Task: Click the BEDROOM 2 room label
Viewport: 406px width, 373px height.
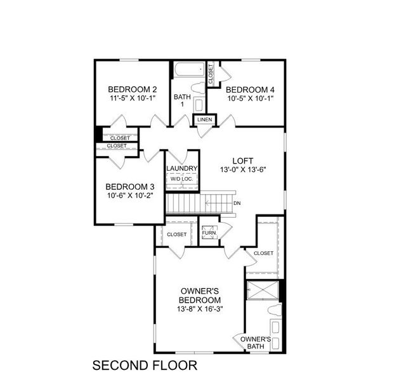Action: tap(132, 89)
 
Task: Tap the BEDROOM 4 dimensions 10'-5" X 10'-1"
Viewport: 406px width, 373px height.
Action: tap(250, 99)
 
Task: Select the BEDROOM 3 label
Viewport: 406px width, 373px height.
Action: tap(129, 186)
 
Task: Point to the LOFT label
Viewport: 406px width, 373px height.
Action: tap(242, 160)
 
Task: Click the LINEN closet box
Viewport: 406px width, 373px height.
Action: tap(204, 119)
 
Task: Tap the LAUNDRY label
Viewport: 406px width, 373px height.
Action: tap(181, 168)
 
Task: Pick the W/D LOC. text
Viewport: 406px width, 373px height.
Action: tap(181, 180)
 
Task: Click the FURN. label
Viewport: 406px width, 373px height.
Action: tap(209, 233)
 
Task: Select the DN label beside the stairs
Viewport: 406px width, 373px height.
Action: tap(237, 203)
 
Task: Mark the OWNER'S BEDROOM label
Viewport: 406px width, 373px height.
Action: tap(200, 295)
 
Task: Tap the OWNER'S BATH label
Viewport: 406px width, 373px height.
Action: tap(256, 343)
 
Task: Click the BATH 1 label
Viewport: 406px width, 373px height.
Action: tap(181, 100)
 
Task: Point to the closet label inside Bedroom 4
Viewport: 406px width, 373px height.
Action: tap(211, 74)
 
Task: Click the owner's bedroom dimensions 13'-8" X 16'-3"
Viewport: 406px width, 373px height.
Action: tap(200, 309)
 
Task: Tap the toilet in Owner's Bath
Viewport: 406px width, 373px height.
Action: tap(274, 311)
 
